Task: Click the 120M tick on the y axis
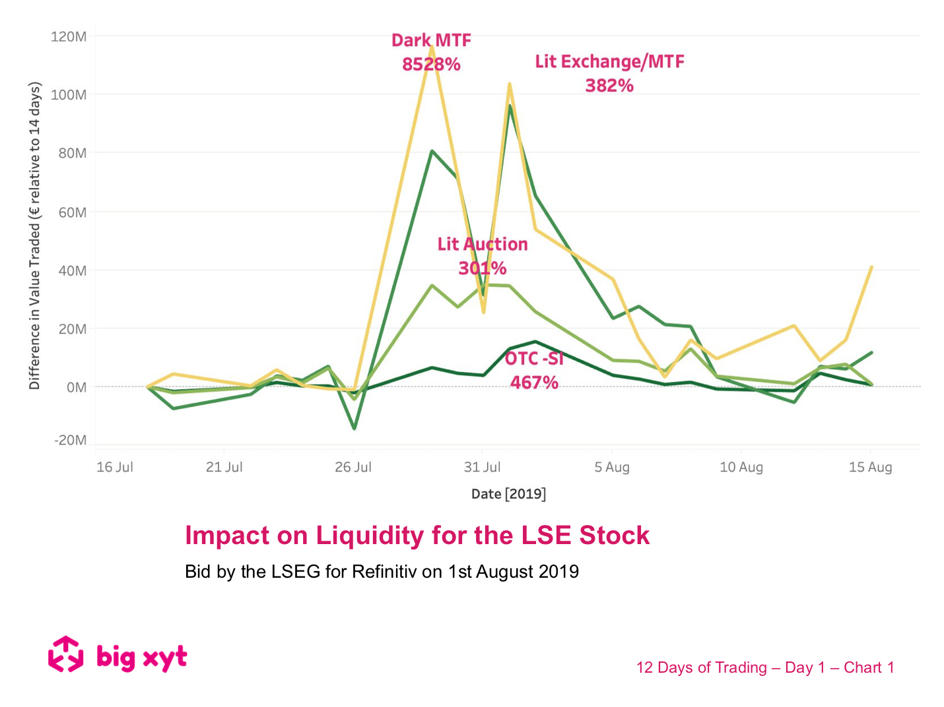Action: [x=69, y=37]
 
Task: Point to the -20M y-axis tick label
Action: [x=70, y=440]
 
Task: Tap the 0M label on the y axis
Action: [x=76, y=387]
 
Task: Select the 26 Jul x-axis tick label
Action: [x=353, y=468]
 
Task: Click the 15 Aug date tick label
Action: [x=870, y=468]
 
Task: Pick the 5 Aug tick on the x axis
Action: [x=612, y=468]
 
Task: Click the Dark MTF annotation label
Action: [x=431, y=41]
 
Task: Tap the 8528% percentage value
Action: [x=431, y=65]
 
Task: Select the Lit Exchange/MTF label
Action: [x=609, y=62]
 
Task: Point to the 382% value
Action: [x=609, y=86]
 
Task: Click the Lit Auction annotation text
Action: [x=483, y=245]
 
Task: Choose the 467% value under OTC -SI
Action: [x=534, y=383]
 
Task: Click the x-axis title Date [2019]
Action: [x=508, y=494]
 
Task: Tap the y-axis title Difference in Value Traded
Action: [x=35, y=235]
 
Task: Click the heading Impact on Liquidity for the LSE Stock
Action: [x=417, y=536]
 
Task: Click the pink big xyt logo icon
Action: [x=65, y=654]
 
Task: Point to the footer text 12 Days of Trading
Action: [x=701, y=667]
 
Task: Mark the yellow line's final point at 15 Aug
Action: [x=871, y=267]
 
